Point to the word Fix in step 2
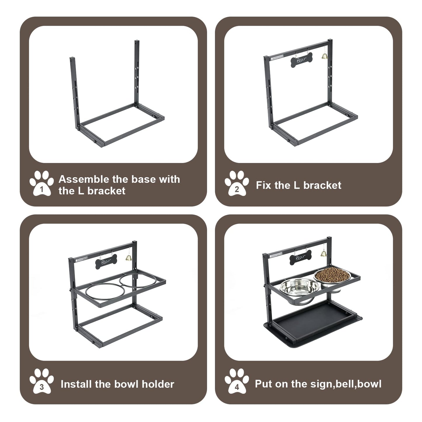(264, 185)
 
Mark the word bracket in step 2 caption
(322, 185)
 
